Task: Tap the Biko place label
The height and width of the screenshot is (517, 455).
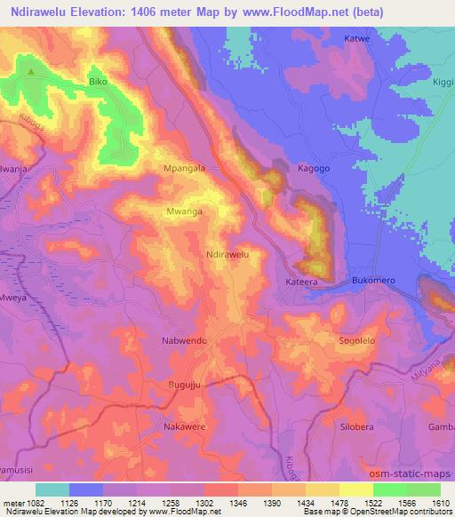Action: point(97,82)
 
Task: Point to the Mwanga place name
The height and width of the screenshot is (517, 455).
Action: point(185,212)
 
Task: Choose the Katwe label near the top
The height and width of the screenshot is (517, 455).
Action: point(356,39)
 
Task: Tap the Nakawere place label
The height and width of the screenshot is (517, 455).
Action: point(186,427)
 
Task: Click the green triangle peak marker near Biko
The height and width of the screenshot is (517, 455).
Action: point(32,71)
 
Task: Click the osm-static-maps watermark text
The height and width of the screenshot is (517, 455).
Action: point(408,473)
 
